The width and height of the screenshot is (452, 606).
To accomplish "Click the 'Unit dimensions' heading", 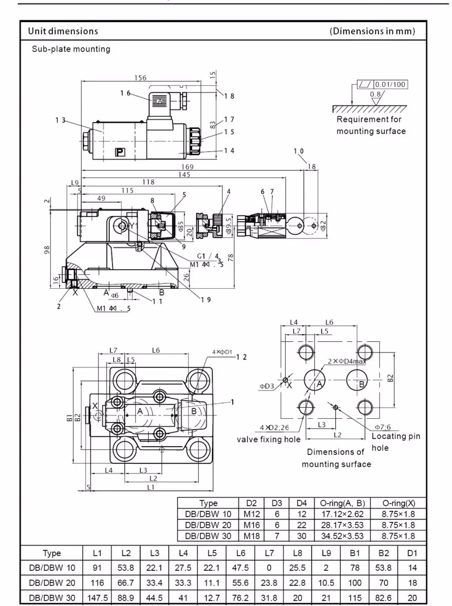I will (x=63, y=31).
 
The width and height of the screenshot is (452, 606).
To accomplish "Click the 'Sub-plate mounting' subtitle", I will (x=71, y=49).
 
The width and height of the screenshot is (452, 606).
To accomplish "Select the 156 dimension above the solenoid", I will (x=141, y=78).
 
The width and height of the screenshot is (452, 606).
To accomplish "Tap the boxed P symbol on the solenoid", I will (x=120, y=153).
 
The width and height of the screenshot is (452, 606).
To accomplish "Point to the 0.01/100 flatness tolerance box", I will (x=390, y=85).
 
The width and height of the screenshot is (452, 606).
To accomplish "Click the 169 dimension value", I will (x=187, y=167).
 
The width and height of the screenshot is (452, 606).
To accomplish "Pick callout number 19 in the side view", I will (x=206, y=300).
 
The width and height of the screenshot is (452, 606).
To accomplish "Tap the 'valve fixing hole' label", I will (x=268, y=439).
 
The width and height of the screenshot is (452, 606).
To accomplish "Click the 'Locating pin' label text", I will (x=395, y=436).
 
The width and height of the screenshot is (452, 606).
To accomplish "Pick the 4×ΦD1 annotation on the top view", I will (x=222, y=352).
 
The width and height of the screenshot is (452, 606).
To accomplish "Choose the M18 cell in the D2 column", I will (x=252, y=536).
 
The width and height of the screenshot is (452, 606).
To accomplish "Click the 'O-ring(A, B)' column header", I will (x=342, y=503).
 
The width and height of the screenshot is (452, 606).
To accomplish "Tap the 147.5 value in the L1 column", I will (x=97, y=598).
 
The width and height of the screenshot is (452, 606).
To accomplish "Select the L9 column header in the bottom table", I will (x=326, y=553).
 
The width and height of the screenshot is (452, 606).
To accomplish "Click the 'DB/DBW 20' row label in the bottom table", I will (x=52, y=583).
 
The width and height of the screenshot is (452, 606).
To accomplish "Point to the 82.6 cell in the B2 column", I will (x=383, y=598).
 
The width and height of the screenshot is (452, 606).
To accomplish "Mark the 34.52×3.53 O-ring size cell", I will (x=342, y=536).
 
